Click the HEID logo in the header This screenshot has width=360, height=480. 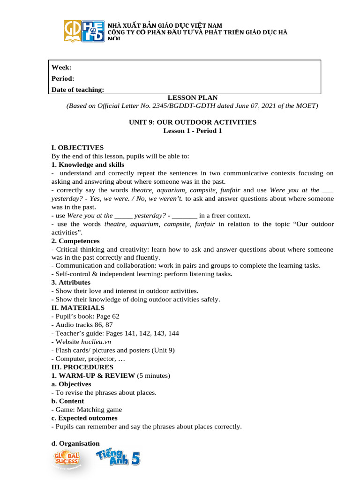[x=92, y=31]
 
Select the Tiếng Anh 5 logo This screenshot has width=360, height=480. [x=118, y=457]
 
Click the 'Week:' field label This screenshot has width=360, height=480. [x=61, y=67]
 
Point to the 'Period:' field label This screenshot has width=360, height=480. [x=63, y=78]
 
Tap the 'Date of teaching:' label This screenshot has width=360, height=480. [x=78, y=89]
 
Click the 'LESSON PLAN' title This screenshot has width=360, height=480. [x=193, y=97]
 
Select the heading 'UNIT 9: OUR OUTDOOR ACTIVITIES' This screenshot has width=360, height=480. [x=193, y=122]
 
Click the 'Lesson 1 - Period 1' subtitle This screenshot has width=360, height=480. [x=193, y=131]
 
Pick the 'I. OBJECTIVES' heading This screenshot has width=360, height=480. [x=77, y=148]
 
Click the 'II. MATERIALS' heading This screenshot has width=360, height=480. [x=78, y=308]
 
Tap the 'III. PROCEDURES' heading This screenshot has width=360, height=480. [x=82, y=367]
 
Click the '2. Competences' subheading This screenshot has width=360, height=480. [x=75, y=241]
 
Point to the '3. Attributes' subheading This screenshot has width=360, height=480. [x=71, y=283]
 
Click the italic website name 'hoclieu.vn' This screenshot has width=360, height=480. [x=96, y=342]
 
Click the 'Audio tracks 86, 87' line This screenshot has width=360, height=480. [x=84, y=325]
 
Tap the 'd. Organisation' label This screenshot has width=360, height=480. [x=75, y=443]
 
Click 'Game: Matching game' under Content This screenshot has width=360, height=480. [x=88, y=410]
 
